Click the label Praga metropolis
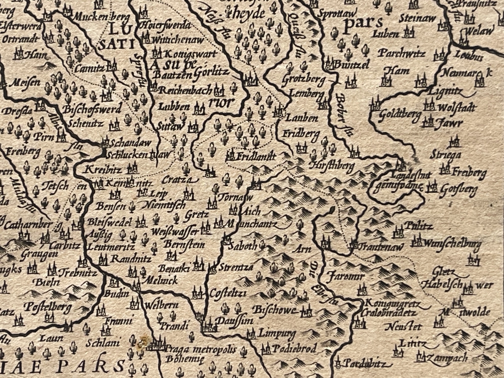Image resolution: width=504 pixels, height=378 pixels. (200, 349)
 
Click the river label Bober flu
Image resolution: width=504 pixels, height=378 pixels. (343, 113)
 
